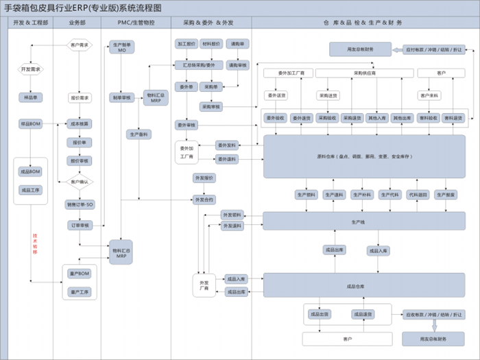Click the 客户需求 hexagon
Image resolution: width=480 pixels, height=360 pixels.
[x=80, y=46]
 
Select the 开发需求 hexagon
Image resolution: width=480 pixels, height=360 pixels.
[x=31, y=69]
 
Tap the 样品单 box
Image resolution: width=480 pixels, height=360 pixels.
[x=31, y=98]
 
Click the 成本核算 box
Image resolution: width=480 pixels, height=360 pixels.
[x=80, y=123]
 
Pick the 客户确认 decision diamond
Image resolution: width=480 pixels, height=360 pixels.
[x=80, y=182]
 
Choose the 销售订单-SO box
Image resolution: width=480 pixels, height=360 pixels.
[x=80, y=204]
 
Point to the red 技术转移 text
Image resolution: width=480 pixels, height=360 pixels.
[x=34, y=244]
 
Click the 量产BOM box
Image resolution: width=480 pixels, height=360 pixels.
[x=80, y=274]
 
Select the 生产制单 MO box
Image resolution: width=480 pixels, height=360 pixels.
[x=121, y=47]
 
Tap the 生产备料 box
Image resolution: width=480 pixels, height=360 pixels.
[x=139, y=134]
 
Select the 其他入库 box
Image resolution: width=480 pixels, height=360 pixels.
[x=377, y=118]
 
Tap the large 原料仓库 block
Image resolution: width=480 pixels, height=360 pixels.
[x=364, y=156]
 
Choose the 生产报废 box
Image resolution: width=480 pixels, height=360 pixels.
[x=446, y=195]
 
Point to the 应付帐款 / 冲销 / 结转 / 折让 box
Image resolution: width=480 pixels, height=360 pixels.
[x=433, y=49]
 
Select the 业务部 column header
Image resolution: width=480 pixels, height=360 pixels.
[x=77, y=23]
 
